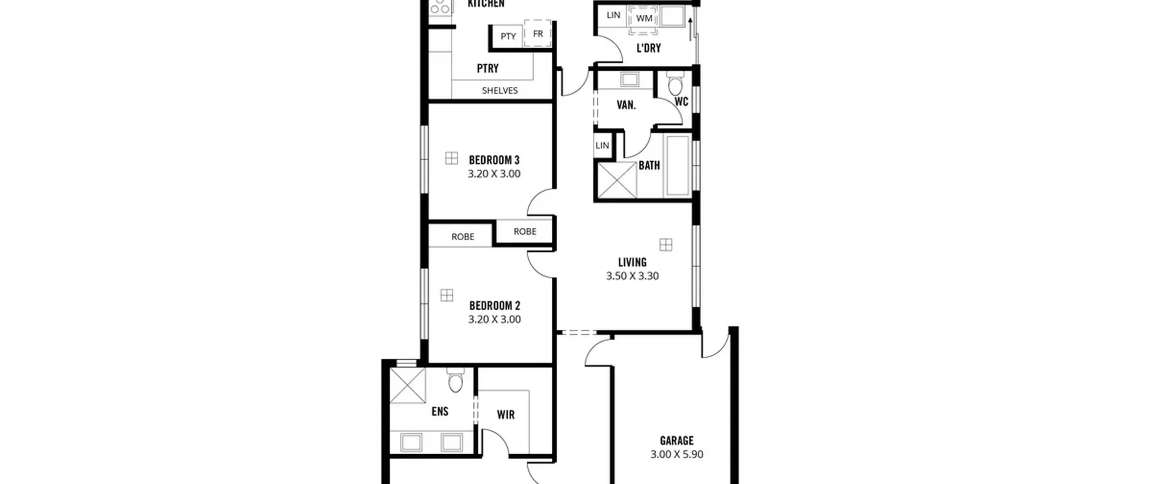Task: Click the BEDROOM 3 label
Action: pos(494,160)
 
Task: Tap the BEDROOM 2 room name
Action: pos(495,306)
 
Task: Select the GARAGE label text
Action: pos(677,441)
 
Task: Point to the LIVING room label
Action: pos(632,262)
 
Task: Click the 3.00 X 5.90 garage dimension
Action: pos(677,454)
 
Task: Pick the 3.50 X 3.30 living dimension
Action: pos(632,276)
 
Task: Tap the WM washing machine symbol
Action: pos(643,19)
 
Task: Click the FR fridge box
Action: pos(538,33)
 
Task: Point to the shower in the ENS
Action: pos(408,385)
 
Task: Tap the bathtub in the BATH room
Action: pos(678,166)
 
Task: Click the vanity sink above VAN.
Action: pos(630,80)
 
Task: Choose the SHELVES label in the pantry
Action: pos(499,90)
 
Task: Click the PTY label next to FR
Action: pos(508,36)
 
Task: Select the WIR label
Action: pos(506,415)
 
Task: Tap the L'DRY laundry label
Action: pos(648,48)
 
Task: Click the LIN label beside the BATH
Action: pos(602,145)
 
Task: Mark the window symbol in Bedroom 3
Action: pos(451,158)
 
